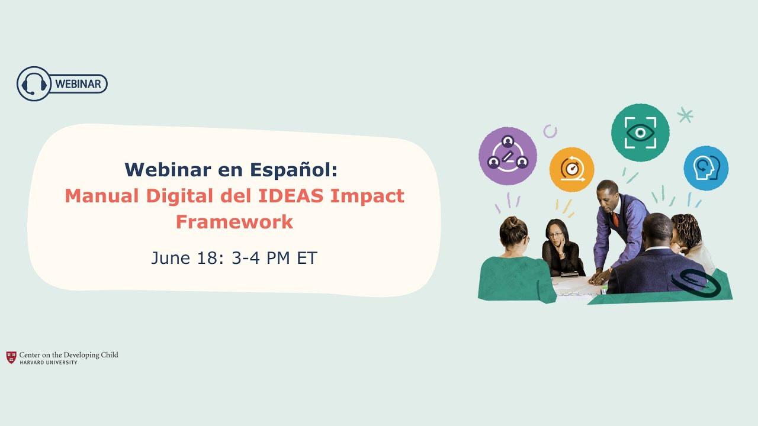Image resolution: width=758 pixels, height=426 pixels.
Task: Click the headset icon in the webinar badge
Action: point(34,83)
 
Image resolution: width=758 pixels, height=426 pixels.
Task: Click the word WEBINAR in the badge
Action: point(78,84)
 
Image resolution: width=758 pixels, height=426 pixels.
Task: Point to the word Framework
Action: point(235,222)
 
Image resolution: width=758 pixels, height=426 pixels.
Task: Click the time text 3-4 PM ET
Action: point(275,258)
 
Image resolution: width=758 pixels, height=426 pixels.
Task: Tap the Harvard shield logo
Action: point(11,357)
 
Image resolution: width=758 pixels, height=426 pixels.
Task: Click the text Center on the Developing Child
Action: point(69,355)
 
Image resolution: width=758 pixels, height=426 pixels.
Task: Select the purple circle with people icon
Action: point(508,156)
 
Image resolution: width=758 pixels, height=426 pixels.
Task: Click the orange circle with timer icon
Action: point(571,170)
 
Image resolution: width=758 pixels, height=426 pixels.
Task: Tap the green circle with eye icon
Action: point(640,133)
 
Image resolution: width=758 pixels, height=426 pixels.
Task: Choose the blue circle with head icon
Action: point(705,168)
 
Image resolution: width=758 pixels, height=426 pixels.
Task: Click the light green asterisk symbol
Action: point(685,115)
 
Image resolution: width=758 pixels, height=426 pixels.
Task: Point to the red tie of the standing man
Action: point(616,220)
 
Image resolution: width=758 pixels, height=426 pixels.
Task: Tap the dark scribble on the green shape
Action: point(700,283)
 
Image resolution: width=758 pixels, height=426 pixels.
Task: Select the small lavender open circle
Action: point(550,131)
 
